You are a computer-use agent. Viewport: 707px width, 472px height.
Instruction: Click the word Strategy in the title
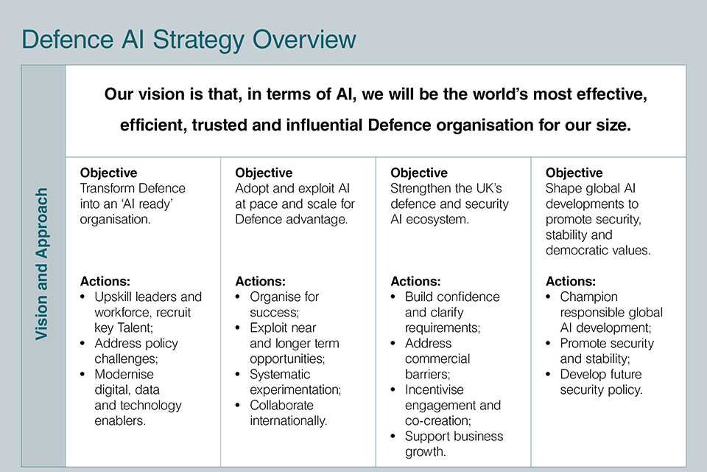[198, 40]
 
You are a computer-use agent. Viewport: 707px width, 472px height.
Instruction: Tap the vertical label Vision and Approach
[41, 264]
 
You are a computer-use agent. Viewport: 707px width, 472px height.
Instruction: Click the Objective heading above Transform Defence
[109, 173]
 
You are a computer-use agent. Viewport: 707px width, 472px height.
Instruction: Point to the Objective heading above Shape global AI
[574, 173]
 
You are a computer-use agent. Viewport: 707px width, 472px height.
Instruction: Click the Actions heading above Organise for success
[260, 282]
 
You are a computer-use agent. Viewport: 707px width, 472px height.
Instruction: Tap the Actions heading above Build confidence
[415, 282]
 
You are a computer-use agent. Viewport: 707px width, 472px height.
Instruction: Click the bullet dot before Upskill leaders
[82, 297]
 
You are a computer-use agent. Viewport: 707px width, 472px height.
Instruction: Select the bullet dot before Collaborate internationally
[238, 406]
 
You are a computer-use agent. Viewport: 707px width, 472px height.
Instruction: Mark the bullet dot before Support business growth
[393, 437]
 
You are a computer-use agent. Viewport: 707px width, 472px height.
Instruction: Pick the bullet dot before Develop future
[548, 375]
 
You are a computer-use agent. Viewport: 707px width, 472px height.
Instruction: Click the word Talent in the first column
[135, 327]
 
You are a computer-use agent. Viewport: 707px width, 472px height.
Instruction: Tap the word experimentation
[295, 390]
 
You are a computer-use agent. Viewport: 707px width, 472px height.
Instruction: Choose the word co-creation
[437, 420]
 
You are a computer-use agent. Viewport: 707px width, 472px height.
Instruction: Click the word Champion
[589, 297]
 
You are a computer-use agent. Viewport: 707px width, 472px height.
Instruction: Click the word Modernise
[124, 375]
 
